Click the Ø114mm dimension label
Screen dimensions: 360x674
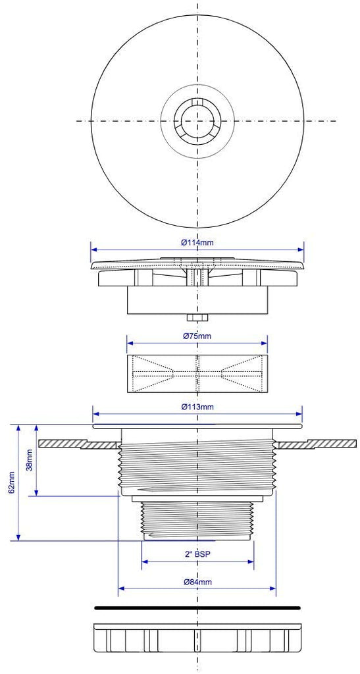pyautogui.click(x=197, y=242)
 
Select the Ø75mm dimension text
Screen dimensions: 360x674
pyautogui.click(x=197, y=336)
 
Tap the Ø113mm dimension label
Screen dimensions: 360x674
pyautogui.click(x=197, y=407)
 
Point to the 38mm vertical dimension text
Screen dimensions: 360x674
pyautogui.click(x=29, y=460)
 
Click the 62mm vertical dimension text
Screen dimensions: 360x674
pyautogui.click(x=12, y=482)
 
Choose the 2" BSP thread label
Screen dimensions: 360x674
pyautogui.click(x=197, y=554)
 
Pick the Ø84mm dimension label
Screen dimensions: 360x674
pyautogui.click(x=197, y=582)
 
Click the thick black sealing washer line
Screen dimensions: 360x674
pyautogui.click(x=197, y=608)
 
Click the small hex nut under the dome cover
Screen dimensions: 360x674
pyautogui.click(x=197, y=318)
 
